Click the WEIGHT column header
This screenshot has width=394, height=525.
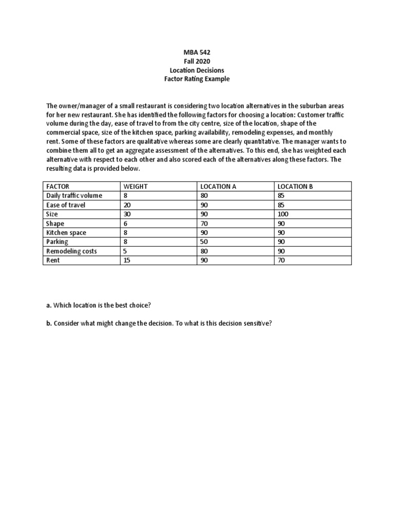tap(135, 187)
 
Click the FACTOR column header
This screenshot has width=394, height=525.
tap(57, 187)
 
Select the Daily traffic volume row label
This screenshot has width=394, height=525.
tap(74, 196)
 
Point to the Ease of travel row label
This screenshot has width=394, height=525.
tap(66, 205)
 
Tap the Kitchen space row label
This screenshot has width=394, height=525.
tap(66, 233)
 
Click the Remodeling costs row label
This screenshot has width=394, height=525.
tap(71, 251)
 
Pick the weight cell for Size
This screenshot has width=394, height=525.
tap(127, 214)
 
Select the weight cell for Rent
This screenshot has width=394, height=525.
tap(127, 260)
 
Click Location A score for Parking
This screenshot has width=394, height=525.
tap(204, 242)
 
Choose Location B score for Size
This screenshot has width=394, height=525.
tap(284, 214)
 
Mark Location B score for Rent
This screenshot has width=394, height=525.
tap(282, 260)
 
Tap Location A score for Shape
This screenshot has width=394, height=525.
tap(204, 224)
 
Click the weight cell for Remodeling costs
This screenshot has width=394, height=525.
tap(126, 251)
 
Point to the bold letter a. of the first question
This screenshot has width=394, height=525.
tap(49, 306)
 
